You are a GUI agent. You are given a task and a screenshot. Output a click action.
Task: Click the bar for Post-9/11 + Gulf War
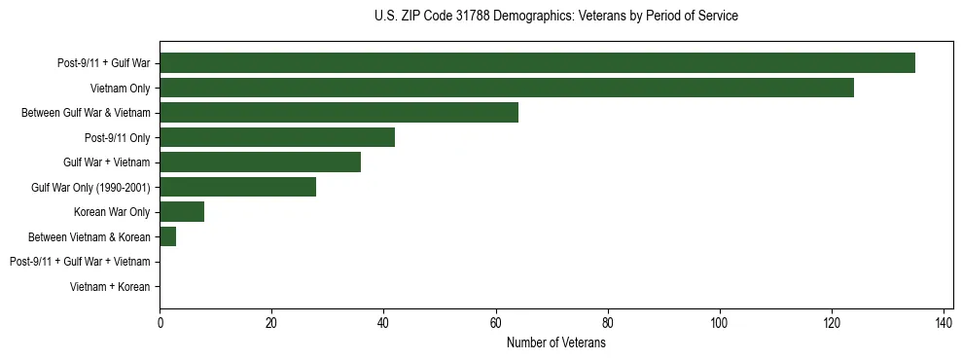tap(537, 63)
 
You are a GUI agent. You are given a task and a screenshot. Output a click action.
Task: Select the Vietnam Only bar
tap(507, 88)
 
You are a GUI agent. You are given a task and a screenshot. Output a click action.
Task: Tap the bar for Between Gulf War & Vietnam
tap(338, 113)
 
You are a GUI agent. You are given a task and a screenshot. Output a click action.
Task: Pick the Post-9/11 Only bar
tap(277, 137)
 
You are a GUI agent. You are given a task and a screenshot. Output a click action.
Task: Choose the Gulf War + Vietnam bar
tap(260, 162)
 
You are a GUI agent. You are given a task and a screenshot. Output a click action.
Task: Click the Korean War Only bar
tap(182, 212)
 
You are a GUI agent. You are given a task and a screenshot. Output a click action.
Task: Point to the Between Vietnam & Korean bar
tap(167, 236)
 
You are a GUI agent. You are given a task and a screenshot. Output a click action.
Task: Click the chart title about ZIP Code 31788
tap(555, 17)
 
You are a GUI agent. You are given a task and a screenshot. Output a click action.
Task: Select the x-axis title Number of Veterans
tap(555, 344)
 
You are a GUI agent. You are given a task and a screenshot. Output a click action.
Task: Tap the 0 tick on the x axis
tap(160, 323)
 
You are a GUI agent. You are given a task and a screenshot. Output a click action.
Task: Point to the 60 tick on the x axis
tap(495, 323)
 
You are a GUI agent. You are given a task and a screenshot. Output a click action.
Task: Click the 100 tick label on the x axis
tap(719, 323)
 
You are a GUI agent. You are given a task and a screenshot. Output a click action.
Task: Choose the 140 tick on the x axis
tap(943, 323)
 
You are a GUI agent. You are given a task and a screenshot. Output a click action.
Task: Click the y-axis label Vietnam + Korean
tap(110, 287)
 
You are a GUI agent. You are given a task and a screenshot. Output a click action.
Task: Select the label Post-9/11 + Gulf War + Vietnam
tap(80, 262)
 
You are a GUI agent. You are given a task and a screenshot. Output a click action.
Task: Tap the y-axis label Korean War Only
tap(112, 212)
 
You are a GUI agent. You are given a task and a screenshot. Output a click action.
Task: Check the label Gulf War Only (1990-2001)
tap(90, 187)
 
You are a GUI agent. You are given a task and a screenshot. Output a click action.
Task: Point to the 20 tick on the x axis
tap(271, 323)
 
